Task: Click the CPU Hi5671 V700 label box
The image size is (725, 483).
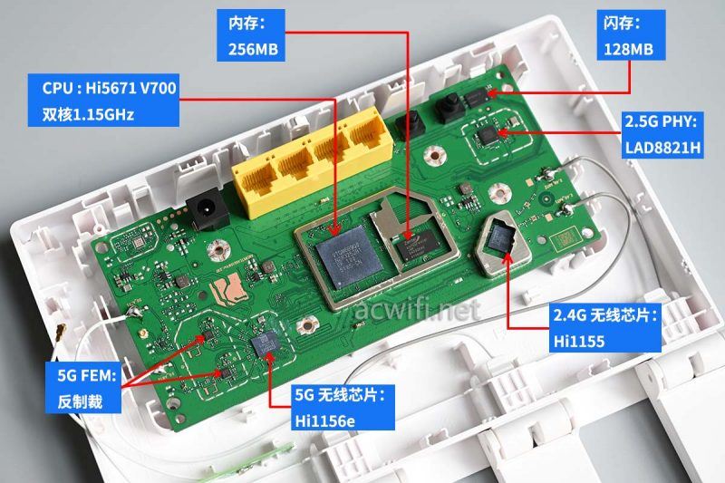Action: [110, 101]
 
